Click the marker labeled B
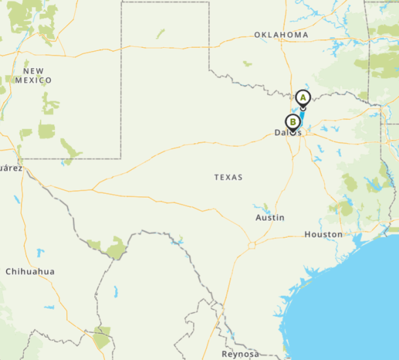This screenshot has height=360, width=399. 292,122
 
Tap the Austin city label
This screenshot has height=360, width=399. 270,218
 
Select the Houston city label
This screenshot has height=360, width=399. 323,235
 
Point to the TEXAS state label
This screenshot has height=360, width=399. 228,177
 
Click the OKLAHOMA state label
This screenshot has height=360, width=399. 281,35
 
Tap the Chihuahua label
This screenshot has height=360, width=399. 30,272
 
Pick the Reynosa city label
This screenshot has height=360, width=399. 241,353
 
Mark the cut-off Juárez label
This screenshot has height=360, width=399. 10,168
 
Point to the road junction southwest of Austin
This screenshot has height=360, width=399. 251,245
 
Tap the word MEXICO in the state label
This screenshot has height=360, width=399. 37,80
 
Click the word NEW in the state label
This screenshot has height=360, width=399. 33,71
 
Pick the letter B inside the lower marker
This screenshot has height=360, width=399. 292,121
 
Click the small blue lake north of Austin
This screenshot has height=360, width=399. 265,207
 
